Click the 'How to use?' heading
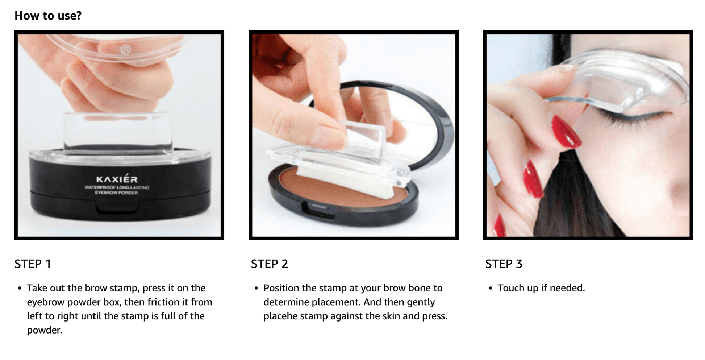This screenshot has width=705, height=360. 48,16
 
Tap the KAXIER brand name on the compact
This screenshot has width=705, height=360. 117,179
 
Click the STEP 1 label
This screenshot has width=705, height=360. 33,264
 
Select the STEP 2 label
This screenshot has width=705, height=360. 269,264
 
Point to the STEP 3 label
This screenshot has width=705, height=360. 504,264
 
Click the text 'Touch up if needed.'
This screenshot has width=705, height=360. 541,288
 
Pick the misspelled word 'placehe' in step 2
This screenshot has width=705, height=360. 280,316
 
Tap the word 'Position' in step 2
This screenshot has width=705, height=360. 281,288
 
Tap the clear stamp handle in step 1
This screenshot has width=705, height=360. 118,132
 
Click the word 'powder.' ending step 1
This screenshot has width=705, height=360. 45,330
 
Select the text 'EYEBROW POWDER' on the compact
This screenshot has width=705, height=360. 117,193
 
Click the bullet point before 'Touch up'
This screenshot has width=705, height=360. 491,289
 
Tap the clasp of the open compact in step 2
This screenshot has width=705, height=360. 318,211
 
